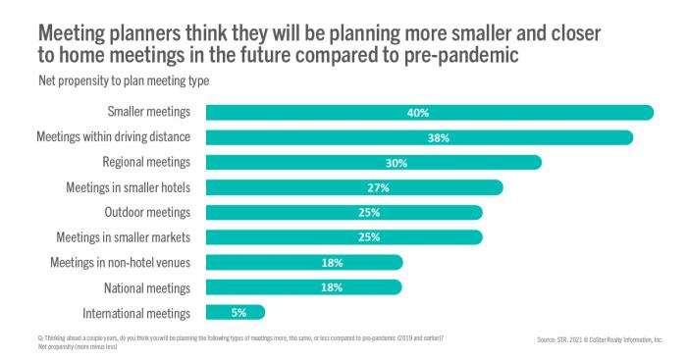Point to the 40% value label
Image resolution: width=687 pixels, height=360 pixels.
pos(417,113)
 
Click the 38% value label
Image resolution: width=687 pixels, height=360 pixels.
pos(438,137)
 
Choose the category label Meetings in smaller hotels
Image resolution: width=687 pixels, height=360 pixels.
pos(128,187)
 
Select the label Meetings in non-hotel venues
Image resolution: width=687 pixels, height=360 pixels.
pos(120,262)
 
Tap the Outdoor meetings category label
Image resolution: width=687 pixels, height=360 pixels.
pos(147,212)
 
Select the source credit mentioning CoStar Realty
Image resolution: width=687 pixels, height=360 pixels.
pos(601,340)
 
